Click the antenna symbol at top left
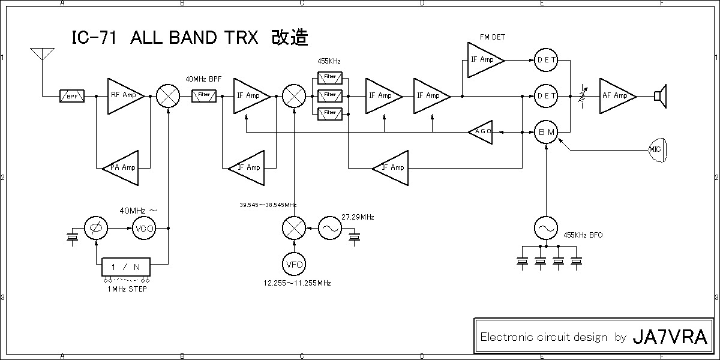pyautogui.click(x=43, y=55)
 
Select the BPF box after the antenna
pyautogui.click(x=72, y=96)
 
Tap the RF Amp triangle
pyautogui.click(x=123, y=95)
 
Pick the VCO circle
pyautogui.click(x=144, y=229)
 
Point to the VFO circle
pyautogui.click(x=294, y=265)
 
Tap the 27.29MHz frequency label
pyautogui.click(x=358, y=217)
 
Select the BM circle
pyautogui.click(x=546, y=132)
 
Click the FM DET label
pyautogui.click(x=492, y=37)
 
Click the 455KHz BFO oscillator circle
pyautogui.click(x=546, y=229)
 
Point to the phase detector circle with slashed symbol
pyautogui.click(x=96, y=229)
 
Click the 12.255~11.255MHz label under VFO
pyautogui.click(x=297, y=283)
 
